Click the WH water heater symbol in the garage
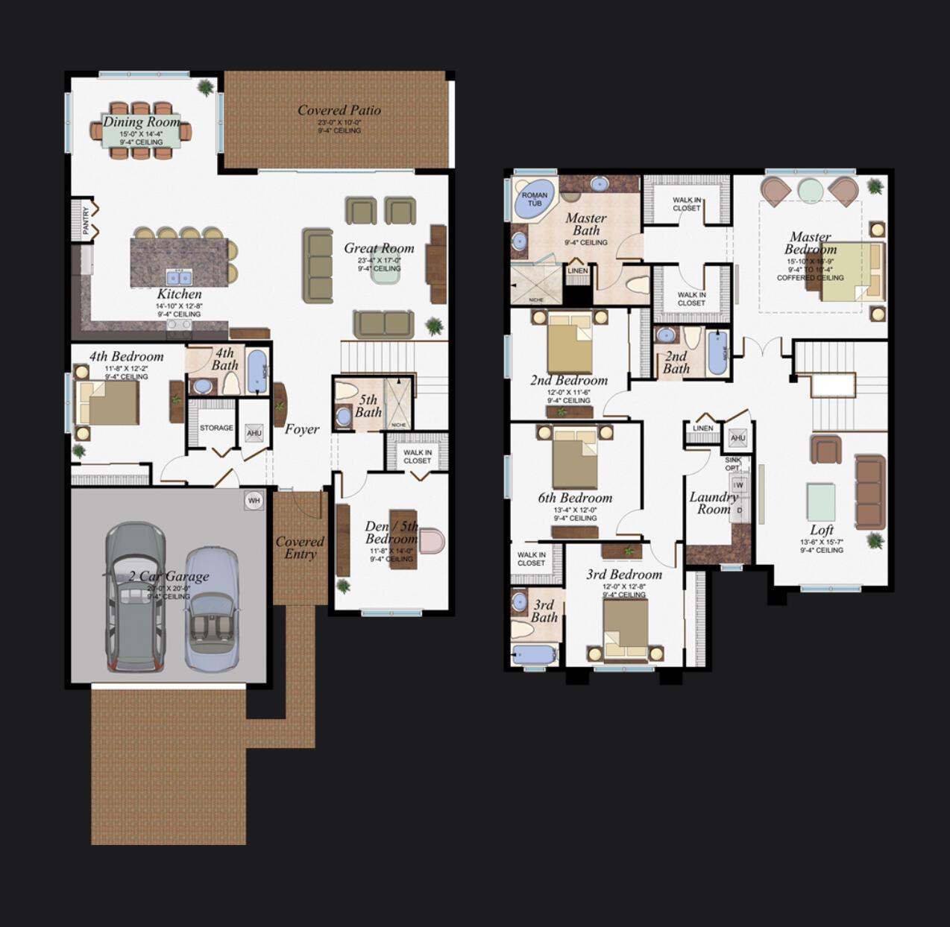click(x=254, y=501)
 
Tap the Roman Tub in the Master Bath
click(x=535, y=199)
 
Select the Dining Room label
click(x=142, y=122)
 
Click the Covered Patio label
click(x=339, y=110)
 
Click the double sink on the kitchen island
click(x=179, y=278)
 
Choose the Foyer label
click(x=302, y=429)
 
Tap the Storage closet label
click(x=216, y=428)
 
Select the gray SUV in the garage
click(x=135, y=596)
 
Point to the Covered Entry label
click(x=300, y=548)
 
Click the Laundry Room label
click(x=714, y=503)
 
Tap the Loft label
click(x=822, y=530)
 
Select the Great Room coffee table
click(x=386, y=271)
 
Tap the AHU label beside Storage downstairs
click(x=254, y=433)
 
